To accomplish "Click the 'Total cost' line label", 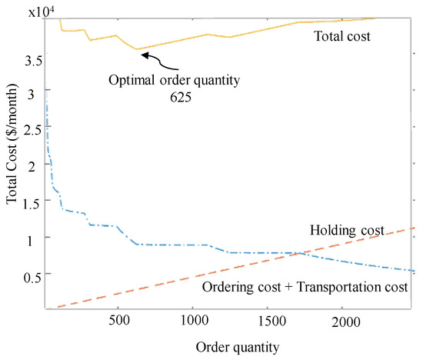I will pyautogui.click(x=343, y=35).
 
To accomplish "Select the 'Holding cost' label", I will pyautogui.click(x=347, y=230).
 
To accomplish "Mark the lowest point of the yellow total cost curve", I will pyautogui.click(x=137, y=49).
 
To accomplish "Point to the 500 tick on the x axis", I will pyautogui.click(x=118, y=319).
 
